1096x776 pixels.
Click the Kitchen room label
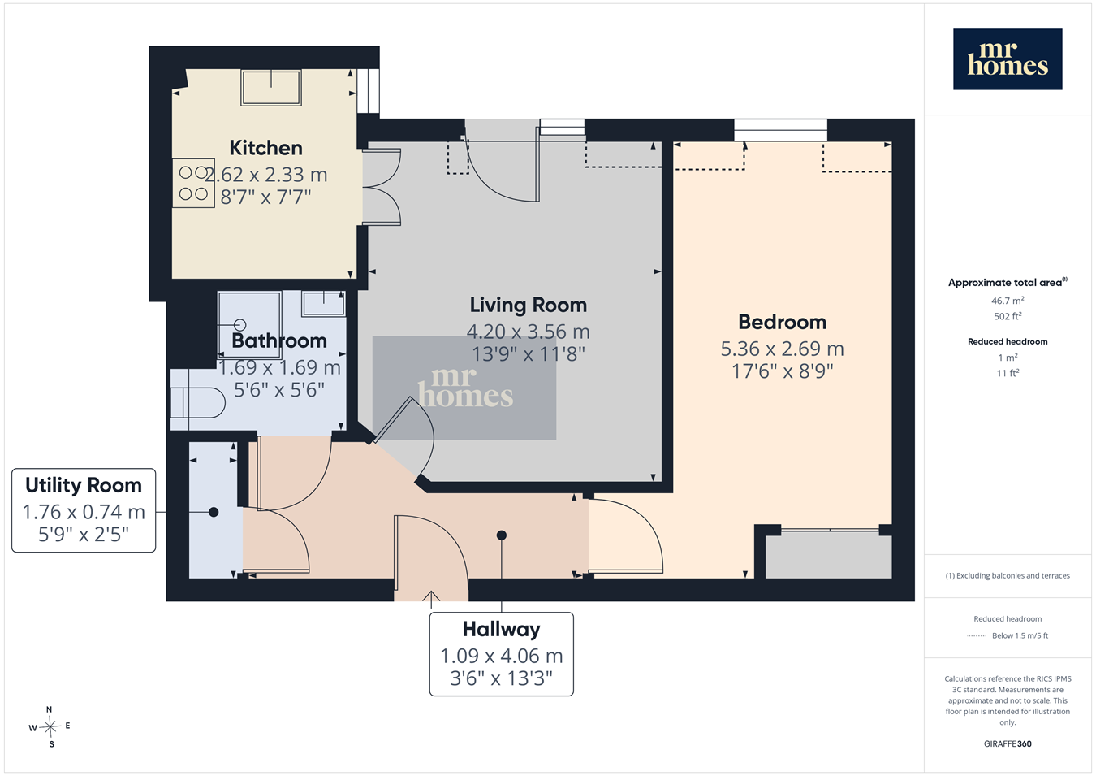tap(265, 148)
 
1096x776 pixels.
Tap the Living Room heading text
tap(528, 305)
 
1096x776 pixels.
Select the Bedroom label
tap(782, 322)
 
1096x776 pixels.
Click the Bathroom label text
tap(279, 340)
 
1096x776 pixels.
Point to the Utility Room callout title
tap(84, 485)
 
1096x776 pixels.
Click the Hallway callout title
tap(502, 629)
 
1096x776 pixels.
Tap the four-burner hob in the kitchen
tap(193, 183)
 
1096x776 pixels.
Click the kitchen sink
tap(270, 88)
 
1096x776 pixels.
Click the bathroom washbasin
tap(323, 304)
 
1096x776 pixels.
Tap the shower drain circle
tap(239, 324)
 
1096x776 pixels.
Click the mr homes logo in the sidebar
tap(1008, 59)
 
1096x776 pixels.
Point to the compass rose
tap(50, 727)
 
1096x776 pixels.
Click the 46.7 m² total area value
tap(1008, 301)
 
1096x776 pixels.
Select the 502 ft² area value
tap(1008, 316)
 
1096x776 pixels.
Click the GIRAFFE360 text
tap(1008, 743)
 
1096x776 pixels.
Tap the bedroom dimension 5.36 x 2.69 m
tap(782, 349)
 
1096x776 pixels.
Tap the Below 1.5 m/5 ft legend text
tap(1020, 635)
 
